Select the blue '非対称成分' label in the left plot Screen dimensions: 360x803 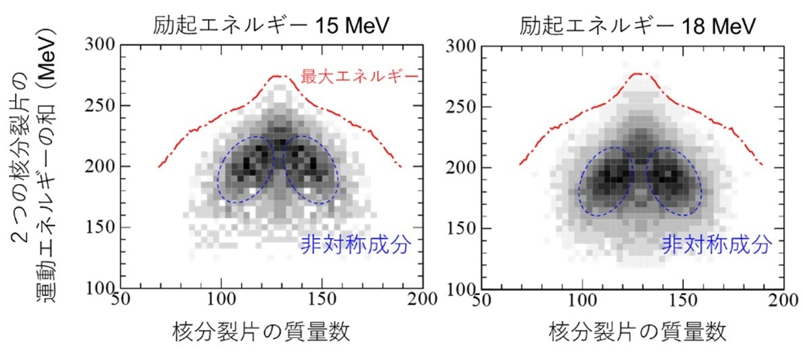(x=355, y=244)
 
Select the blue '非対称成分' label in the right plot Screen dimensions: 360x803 (x=716, y=244)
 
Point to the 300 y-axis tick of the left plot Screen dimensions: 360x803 (x=102, y=46)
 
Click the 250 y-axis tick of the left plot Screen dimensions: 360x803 (x=102, y=106)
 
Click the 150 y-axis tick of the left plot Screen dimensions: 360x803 (x=102, y=228)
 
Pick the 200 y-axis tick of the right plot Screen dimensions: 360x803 (x=462, y=167)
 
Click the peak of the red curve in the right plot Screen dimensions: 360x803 (x=637, y=73)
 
